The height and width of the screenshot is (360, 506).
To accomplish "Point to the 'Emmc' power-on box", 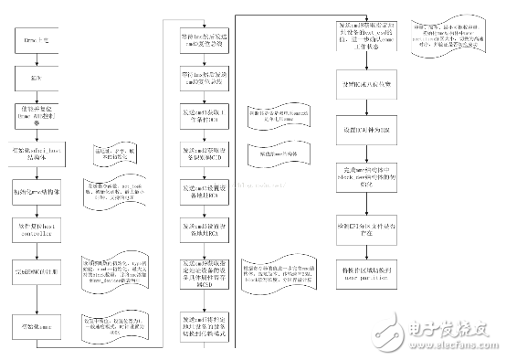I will (x=36, y=41).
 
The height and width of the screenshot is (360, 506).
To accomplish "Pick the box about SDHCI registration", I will (x=36, y=272).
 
